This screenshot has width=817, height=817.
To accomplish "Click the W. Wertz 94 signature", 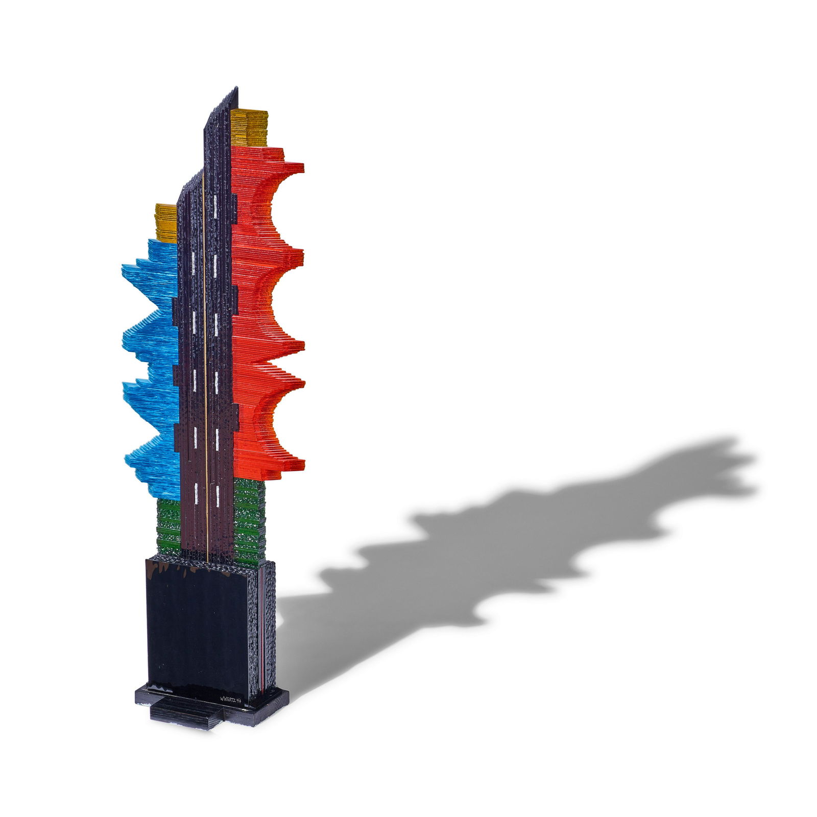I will click(x=230, y=699).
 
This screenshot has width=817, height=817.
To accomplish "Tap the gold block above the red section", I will click(x=249, y=128).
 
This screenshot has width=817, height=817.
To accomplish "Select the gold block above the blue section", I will click(x=165, y=223).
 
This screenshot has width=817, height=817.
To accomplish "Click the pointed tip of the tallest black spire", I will click(x=236, y=89).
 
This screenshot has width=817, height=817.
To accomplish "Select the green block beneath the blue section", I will click(x=169, y=526).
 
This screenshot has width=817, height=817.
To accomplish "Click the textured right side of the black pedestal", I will click(x=269, y=628).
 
